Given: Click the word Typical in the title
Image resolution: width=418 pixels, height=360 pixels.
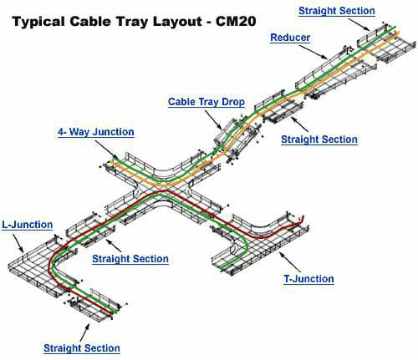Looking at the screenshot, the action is [38, 22].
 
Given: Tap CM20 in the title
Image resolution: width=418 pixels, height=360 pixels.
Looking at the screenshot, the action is [236, 21].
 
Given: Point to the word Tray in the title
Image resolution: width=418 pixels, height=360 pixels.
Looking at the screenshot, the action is [131, 22].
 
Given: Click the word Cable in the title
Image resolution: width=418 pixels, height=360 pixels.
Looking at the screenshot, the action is [89, 21].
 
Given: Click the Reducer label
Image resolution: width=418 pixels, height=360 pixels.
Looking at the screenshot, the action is [290, 38].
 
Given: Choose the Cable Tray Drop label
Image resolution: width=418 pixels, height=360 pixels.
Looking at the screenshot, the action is [206, 102].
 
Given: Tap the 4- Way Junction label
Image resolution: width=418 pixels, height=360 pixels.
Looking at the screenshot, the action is [96, 132].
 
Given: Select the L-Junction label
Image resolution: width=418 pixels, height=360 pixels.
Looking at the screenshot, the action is [28, 225].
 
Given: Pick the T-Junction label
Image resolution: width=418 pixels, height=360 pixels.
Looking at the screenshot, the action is [308, 279].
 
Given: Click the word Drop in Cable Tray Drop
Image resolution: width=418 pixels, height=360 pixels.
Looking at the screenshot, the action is [233, 102].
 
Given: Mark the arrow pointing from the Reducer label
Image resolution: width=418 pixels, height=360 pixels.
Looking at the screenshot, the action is [313, 52].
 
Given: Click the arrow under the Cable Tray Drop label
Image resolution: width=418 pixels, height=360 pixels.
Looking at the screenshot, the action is [214, 120].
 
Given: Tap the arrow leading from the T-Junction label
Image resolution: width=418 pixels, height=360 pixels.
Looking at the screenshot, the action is [290, 262].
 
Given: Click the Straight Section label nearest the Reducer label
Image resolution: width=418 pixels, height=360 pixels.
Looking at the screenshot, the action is [337, 11].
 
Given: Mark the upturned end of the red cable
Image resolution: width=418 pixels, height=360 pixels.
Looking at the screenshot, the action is [303, 217].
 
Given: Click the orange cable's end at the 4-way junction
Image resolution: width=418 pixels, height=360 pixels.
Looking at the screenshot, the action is [110, 161].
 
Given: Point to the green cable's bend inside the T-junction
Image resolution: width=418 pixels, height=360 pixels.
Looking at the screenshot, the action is [247, 245].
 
